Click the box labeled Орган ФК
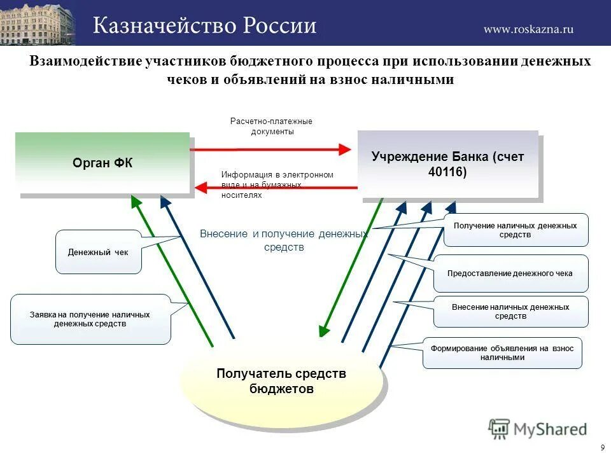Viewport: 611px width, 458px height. pyautogui.click(x=102, y=163)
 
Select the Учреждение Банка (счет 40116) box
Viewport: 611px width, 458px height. pyautogui.click(x=447, y=165)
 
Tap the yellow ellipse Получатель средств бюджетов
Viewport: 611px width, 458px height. pyautogui.click(x=281, y=381)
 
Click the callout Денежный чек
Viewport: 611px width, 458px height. pyautogui.click(x=98, y=252)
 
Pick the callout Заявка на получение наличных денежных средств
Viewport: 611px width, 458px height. pyautogui.click(x=90, y=319)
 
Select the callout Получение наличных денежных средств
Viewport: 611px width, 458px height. pyautogui.click(x=516, y=230)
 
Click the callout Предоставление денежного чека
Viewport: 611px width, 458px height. pyautogui.click(x=510, y=274)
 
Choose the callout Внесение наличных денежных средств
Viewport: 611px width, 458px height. pyautogui.click(x=510, y=312)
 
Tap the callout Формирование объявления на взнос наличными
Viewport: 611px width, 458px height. pyautogui.click(x=502, y=353)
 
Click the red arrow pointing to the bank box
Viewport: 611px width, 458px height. pyautogui.click(x=270, y=149)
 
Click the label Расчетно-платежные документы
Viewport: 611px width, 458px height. pyautogui.click(x=271, y=126)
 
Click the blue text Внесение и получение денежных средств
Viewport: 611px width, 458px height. pyautogui.click(x=284, y=240)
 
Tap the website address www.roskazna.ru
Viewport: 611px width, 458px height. pyautogui.click(x=529, y=29)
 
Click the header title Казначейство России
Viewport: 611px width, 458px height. pyautogui.click(x=205, y=25)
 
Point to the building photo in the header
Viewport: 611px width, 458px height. pyautogui.click(x=37, y=23)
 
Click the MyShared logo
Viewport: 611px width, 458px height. pyautogui.click(x=538, y=429)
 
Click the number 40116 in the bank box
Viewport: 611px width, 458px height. pyautogui.click(x=447, y=172)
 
